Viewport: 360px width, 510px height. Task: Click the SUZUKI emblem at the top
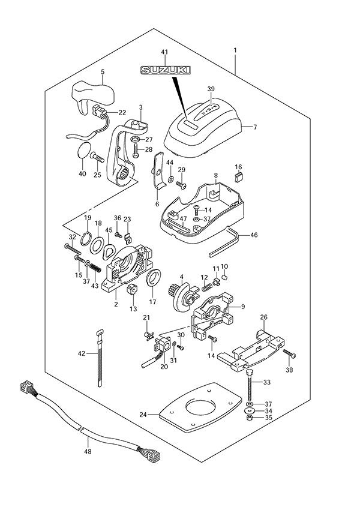[163, 71]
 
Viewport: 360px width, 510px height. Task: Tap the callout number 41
[164, 53]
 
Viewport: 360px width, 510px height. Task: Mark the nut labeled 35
[250, 416]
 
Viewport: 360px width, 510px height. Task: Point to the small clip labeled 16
[238, 176]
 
